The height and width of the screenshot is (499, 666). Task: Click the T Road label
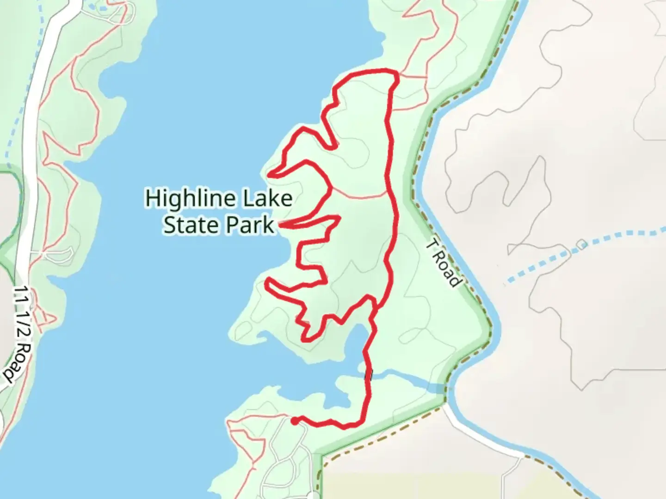pyautogui.click(x=444, y=264)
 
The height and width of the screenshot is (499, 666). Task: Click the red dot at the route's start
pyautogui.click(x=294, y=420)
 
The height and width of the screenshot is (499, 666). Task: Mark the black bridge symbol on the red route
pyautogui.click(x=369, y=374)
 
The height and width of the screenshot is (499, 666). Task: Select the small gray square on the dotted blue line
pyautogui.click(x=581, y=244)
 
